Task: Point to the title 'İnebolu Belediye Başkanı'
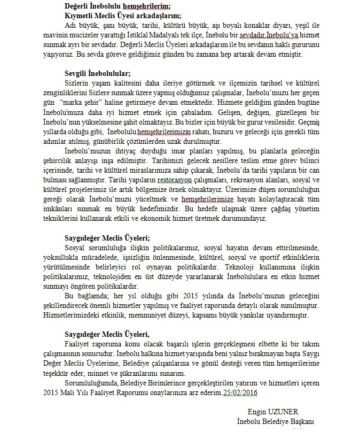tap(276, 421)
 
